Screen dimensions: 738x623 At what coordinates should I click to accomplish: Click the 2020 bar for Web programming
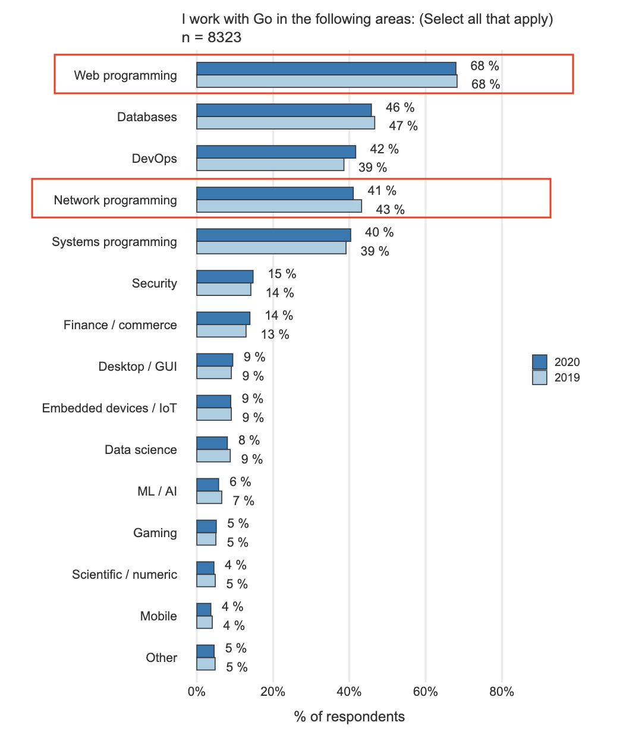(326, 68)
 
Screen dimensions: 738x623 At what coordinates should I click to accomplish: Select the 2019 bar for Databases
(285, 123)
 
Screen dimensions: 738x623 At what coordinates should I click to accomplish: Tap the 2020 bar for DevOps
(276, 152)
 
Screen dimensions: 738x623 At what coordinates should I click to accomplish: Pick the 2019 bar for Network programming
(279, 206)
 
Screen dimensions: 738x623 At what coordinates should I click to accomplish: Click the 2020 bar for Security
(225, 276)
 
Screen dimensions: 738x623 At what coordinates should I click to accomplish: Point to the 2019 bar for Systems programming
(271, 248)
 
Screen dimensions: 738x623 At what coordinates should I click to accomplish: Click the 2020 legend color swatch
(539, 362)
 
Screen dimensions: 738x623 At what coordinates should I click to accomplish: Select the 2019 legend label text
(567, 378)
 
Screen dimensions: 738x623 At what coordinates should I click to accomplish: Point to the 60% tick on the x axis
(426, 692)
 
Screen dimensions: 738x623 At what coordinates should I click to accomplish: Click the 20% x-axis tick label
(273, 692)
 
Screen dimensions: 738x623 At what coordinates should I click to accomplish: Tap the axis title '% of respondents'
(349, 717)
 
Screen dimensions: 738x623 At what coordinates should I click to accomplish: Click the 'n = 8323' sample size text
(212, 37)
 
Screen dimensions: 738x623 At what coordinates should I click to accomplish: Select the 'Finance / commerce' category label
(120, 325)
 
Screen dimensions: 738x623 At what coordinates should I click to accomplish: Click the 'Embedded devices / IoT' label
(109, 408)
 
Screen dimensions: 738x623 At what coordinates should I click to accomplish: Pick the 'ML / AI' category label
(157, 491)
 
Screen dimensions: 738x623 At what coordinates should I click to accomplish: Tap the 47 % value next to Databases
(403, 126)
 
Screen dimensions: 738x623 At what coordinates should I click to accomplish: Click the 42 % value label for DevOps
(384, 149)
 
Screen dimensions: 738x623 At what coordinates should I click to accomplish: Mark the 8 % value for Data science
(249, 440)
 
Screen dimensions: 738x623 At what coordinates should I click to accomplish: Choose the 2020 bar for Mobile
(204, 609)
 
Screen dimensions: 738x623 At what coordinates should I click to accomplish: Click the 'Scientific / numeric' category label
(124, 575)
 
